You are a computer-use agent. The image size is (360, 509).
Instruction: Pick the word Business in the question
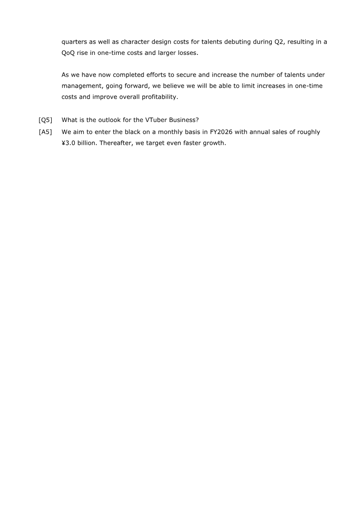(181, 120)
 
